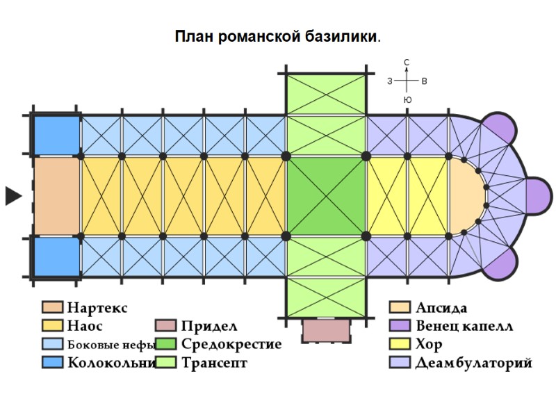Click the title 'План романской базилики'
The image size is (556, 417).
click(x=277, y=35)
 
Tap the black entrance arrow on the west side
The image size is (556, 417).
click(x=13, y=196)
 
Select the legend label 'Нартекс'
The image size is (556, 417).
click(x=97, y=307)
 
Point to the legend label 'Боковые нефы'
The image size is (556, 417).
click(x=111, y=344)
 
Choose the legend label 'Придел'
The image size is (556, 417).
click(x=209, y=326)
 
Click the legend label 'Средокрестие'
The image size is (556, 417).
click(x=231, y=344)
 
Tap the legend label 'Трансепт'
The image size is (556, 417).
click(x=214, y=363)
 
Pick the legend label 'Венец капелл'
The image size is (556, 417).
click(x=464, y=325)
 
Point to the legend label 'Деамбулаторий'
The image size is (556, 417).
click(x=473, y=363)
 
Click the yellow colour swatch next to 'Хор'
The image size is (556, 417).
click(x=400, y=344)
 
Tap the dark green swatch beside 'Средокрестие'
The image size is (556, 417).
click(x=166, y=344)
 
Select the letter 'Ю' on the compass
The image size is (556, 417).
click(x=407, y=100)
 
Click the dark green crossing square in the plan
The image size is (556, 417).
click(x=326, y=197)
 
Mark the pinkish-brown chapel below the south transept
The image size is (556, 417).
click(x=325, y=330)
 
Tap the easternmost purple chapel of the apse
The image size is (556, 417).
click(x=537, y=196)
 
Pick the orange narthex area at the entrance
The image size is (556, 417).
click(x=56, y=197)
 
